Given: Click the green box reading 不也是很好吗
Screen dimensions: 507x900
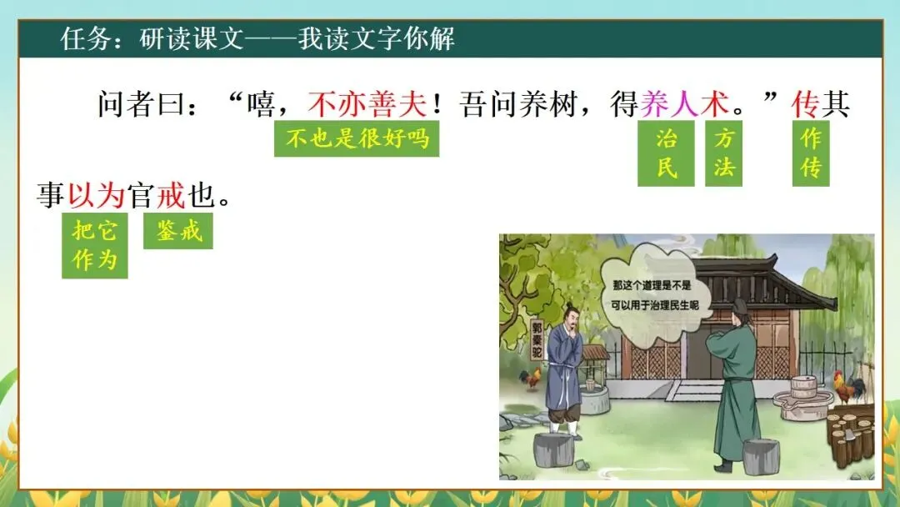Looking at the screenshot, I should pyautogui.click(x=357, y=138).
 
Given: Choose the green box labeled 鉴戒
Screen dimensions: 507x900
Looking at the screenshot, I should pyautogui.click(x=178, y=231).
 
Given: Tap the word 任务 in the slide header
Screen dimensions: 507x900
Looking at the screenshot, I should pyautogui.click(x=82, y=38).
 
